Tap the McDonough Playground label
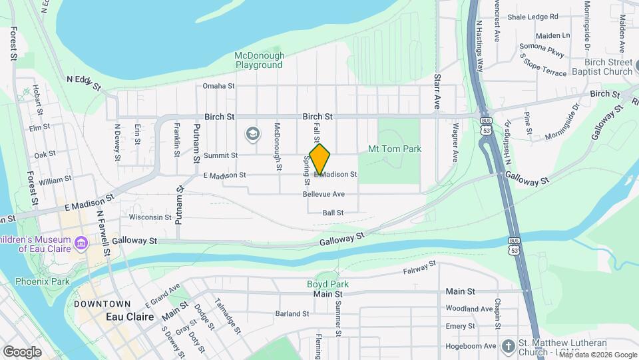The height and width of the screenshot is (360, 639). point(260,60)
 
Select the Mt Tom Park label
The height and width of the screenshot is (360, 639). point(395,148)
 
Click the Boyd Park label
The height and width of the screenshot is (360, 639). point(327,284)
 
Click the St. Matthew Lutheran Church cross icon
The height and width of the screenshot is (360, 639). point(509,346)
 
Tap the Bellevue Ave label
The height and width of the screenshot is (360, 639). point(323,194)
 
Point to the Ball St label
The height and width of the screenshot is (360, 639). point(332,213)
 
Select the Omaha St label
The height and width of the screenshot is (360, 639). point(219,86)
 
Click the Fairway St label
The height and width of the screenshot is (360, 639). point(419,268)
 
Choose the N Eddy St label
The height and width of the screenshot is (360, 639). point(83,83)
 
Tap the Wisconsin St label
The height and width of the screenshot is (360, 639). point(150,217)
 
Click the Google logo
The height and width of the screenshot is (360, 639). point(22,351)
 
